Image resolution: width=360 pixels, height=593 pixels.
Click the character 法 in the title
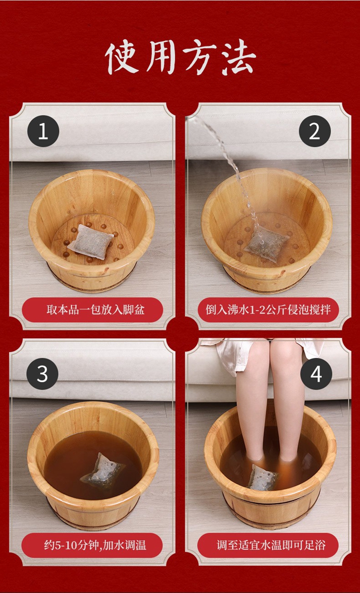[x=237, y=57]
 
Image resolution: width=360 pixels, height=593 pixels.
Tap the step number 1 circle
[x=43, y=131]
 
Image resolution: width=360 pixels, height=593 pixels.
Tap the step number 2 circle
[x=315, y=131]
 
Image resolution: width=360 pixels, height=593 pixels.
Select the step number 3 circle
[x=42, y=374]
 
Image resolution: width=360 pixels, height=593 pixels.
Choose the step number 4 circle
[x=316, y=374]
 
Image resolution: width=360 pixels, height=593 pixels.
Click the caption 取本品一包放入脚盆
[x=96, y=310]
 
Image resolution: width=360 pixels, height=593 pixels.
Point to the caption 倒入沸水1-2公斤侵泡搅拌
[x=268, y=310]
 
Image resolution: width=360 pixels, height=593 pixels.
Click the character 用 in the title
[x=160, y=58]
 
